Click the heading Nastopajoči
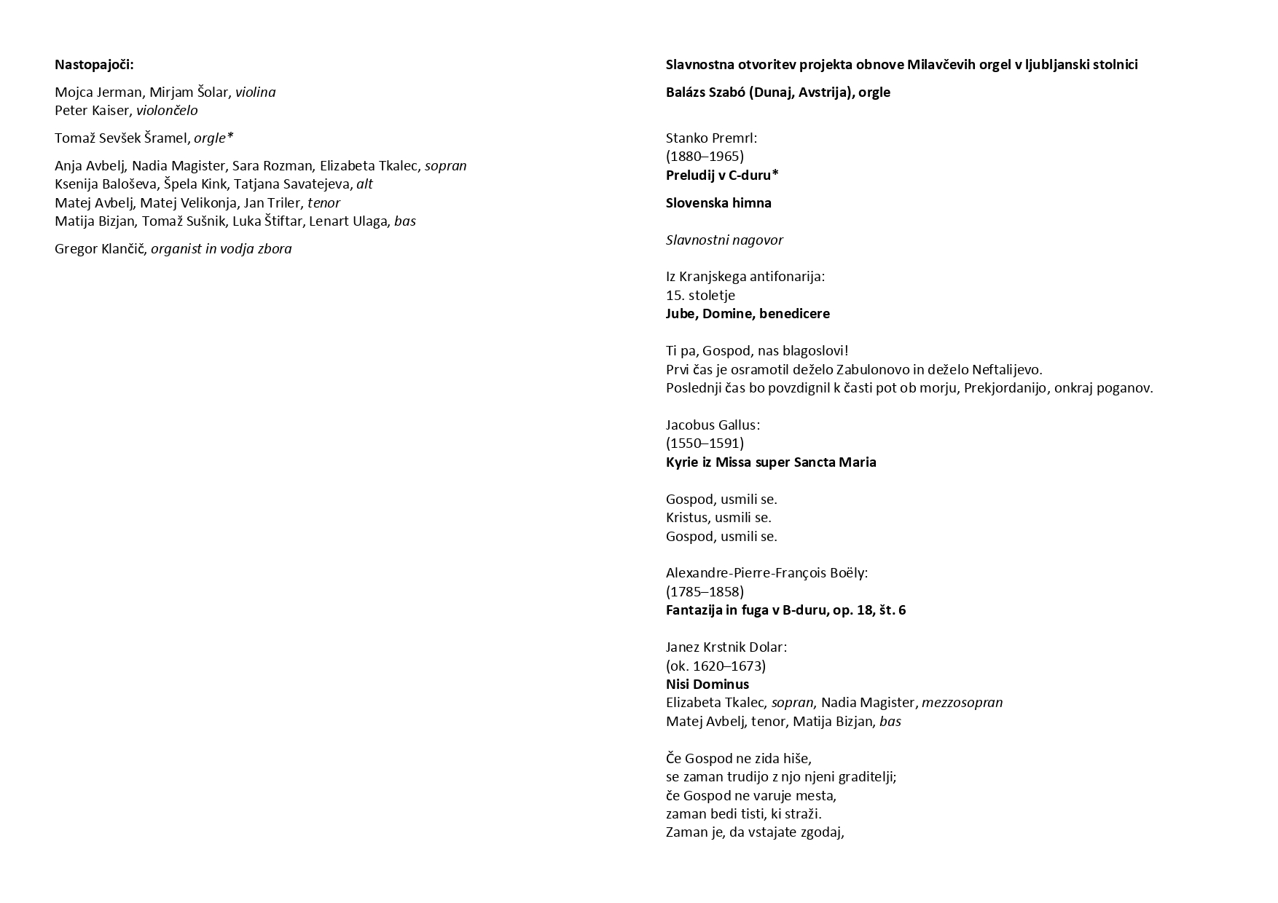(94, 65)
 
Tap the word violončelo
(167, 111)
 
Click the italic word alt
(364, 184)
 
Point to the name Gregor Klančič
(101, 249)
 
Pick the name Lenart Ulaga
(349, 221)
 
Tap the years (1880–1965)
(705, 157)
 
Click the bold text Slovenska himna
(718, 203)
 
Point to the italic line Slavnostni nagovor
(724, 240)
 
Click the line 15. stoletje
(700, 296)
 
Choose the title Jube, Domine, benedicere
(748, 314)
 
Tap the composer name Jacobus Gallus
(711, 425)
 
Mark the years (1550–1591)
(705, 443)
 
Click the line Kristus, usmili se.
(718, 518)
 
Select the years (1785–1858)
(705, 592)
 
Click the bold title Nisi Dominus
(707, 685)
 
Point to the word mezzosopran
(962, 703)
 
